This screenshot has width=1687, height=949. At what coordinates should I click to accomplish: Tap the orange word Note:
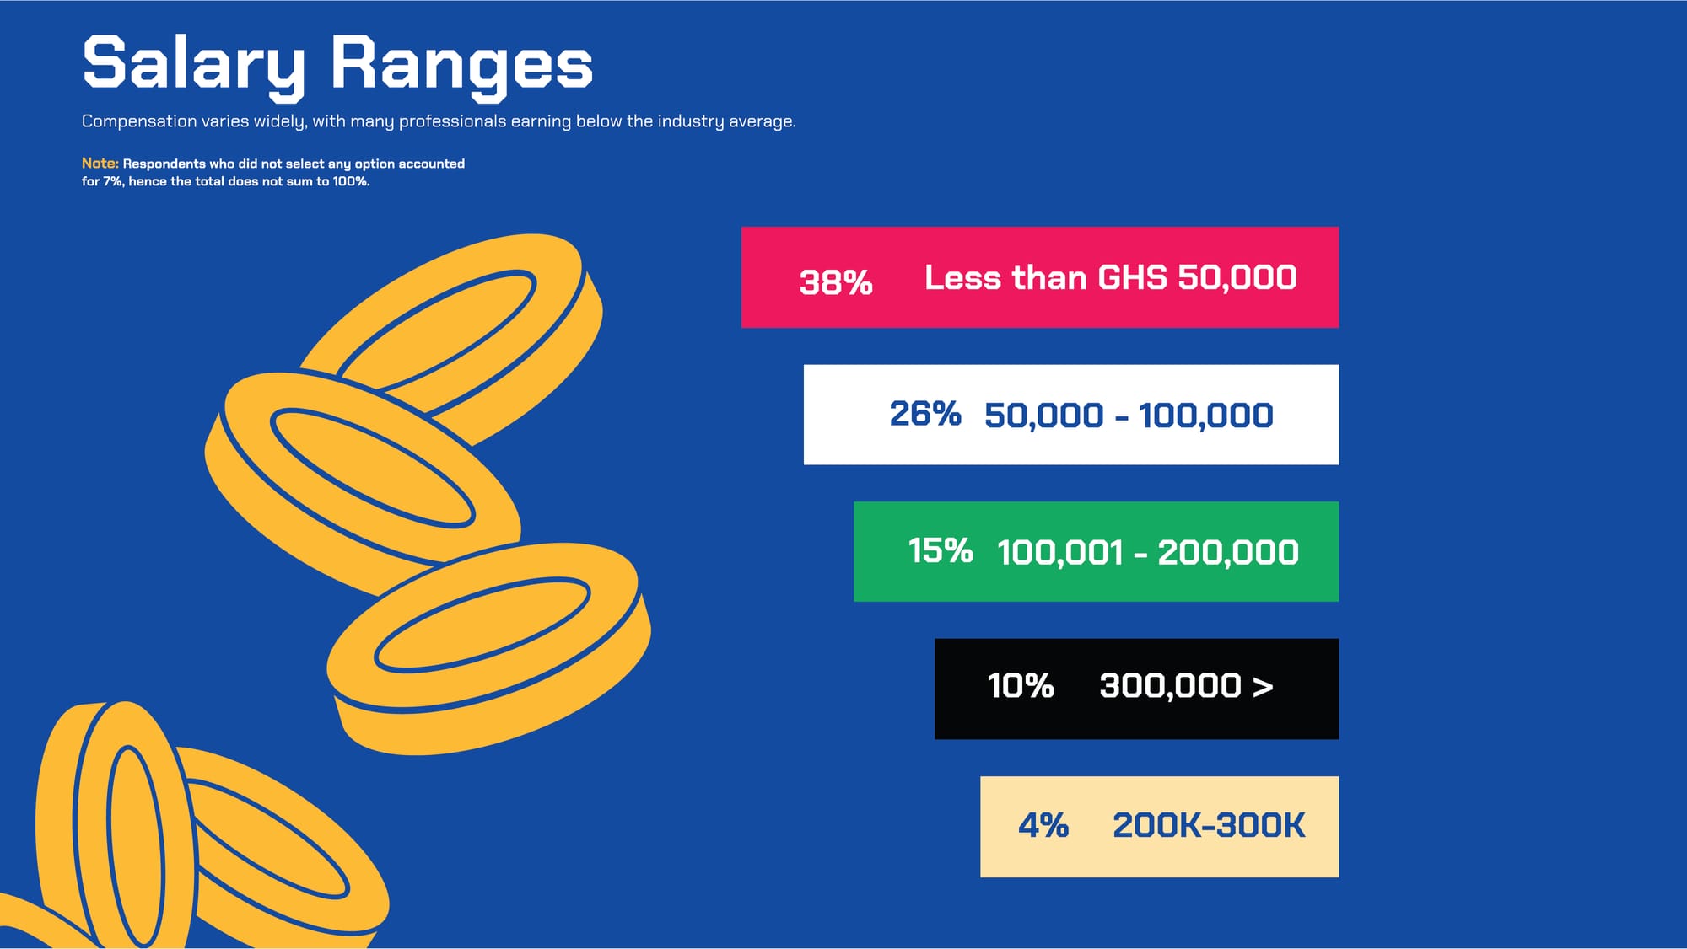(x=100, y=164)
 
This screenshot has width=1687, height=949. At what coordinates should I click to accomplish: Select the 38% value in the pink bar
(x=836, y=282)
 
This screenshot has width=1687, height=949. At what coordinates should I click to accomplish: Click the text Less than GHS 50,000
(x=1111, y=277)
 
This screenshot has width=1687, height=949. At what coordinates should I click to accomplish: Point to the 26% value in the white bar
(x=925, y=414)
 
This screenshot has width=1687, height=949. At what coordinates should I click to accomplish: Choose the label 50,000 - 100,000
(x=1129, y=416)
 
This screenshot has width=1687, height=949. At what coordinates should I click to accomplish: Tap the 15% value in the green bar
(x=941, y=551)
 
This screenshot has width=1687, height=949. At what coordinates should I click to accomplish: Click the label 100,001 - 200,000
(x=1148, y=553)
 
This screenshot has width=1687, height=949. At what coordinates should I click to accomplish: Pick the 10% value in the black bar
(x=1021, y=686)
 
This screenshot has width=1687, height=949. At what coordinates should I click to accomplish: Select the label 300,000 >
(x=1186, y=686)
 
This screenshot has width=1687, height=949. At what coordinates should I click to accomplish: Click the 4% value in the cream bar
(x=1043, y=825)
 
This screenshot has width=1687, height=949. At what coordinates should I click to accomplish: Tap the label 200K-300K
(x=1209, y=825)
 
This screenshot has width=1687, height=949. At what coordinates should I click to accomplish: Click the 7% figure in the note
(x=112, y=181)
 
